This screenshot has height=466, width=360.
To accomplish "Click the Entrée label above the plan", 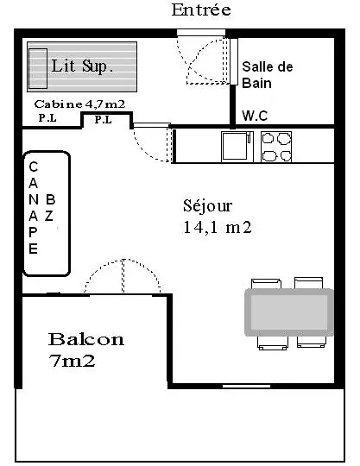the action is pos(201,9).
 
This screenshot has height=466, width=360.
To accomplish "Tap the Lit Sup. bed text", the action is pos(82,66).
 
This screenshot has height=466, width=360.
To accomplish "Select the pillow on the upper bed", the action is pos(38,68).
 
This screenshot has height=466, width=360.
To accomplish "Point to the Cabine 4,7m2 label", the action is pos(79,104).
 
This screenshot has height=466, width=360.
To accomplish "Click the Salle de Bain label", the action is pos(268,75).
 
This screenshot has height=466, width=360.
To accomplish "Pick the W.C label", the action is pos(255,116).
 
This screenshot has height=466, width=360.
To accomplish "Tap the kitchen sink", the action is pos(237,147).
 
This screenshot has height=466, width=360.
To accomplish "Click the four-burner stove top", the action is pos(276,147).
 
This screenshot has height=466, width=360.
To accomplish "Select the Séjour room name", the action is pos(207,206).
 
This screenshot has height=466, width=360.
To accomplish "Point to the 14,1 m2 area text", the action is pos(218,227).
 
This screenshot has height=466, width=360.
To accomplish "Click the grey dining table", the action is pos(289,312).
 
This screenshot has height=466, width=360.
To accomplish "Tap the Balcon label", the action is pos(86,339).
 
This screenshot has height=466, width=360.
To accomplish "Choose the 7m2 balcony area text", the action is pos(73,361).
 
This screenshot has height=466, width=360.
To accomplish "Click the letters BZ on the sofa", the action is pos(50,207).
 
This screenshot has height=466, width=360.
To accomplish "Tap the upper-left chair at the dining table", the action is pos(266,283).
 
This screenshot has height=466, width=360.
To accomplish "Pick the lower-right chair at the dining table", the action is pos(312,342).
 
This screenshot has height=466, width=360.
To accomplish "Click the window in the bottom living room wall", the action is pos(246,386).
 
